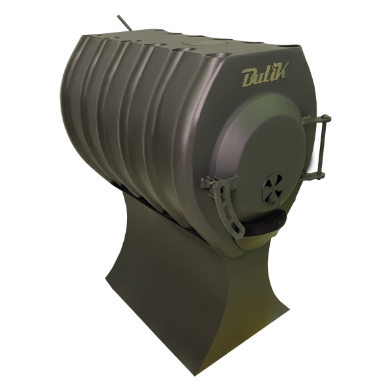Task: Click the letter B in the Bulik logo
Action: click(x=250, y=78)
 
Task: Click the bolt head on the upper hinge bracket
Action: click(x=325, y=117)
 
